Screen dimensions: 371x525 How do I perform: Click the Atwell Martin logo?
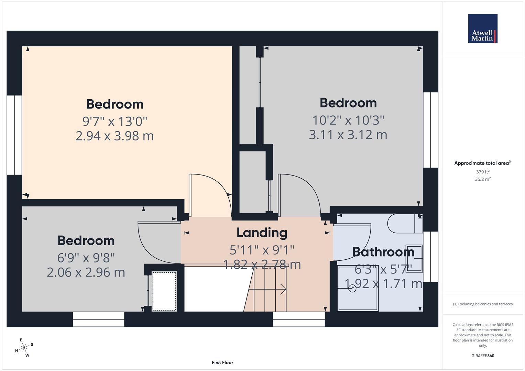(482, 28)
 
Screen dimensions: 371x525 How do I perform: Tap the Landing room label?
(262, 233)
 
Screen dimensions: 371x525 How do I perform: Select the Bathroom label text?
(383, 252)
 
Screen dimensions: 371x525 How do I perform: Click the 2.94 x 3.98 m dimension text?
(114, 136)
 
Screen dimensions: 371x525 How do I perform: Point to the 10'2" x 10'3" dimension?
(348, 120)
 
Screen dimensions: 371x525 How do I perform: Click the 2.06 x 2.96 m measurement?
(86, 272)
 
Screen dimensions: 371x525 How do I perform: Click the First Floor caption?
(222, 362)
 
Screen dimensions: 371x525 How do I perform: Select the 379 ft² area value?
(482, 172)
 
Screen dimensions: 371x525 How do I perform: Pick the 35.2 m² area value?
(482, 179)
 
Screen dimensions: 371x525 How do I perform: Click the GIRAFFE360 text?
(482, 356)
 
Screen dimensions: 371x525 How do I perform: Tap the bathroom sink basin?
(414, 258)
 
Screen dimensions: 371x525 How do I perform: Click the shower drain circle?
(352, 289)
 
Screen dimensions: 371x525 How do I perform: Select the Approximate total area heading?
(482, 163)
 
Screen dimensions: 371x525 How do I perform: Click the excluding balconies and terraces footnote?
(482, 304)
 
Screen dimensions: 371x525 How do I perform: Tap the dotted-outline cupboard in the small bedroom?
(164, 291)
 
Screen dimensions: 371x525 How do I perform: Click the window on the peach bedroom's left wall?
(14, 135)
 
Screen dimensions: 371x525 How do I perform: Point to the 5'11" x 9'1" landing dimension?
(262, 250)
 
